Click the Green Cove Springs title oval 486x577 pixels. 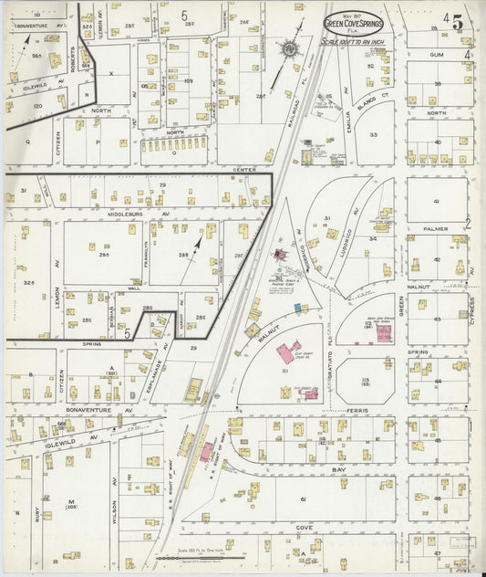click(x=354, y=23)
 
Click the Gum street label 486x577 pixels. click(x=435, y=55)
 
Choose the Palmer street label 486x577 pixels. click(x=435, y=229)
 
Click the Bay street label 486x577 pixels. click(x=339, y=468)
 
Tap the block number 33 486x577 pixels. click(x=373, y=135)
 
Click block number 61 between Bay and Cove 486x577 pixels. click(x=302, y=500)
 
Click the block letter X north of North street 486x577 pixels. click(x=110, y=72)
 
